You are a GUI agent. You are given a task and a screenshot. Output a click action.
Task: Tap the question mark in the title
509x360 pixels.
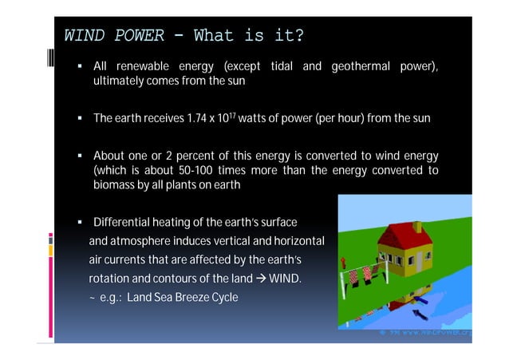pyautogui.click(x=298, y=36)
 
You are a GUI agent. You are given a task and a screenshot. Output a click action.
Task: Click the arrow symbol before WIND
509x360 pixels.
pyautogui.click(x=259, y=279)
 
